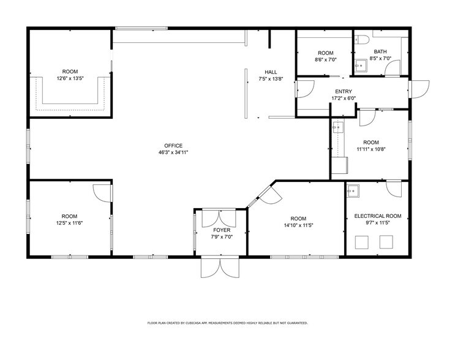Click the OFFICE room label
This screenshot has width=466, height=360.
coord(173,145)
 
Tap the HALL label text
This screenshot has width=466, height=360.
coord(271,72)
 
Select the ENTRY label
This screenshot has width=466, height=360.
coord(343,91)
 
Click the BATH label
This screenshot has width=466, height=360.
coord(380,52)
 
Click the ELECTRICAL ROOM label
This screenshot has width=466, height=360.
coord(378,216)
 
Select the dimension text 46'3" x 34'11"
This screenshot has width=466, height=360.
coord(173,152)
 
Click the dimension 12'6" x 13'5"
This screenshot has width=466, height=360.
coord(70,78)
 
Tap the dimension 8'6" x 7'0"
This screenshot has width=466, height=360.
coord(325,59)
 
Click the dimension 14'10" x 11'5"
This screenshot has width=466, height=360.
coord(298,225)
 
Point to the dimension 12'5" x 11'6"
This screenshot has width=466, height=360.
coord(69,223)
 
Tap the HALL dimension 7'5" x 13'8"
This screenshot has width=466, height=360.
coord(271,78)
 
